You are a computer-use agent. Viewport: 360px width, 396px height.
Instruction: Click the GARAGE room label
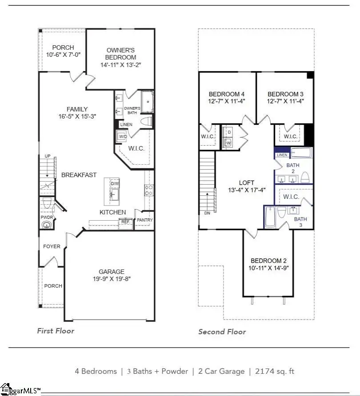coord(112,271)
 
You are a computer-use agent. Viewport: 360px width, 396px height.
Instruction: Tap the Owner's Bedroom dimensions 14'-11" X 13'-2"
coord(121,65)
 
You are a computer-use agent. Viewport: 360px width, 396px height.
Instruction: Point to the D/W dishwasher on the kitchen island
coord(115,183)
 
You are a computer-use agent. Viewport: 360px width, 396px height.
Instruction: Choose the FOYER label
coord(52,246)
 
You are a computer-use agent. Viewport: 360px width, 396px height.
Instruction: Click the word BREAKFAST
coord(79,175)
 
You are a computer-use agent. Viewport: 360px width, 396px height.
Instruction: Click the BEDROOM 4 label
coord(227,94)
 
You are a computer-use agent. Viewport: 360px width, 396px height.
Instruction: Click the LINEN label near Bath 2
coord(282,155)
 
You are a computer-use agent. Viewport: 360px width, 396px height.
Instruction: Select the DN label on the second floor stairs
coord(207,213)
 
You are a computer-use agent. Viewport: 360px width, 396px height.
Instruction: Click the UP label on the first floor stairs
coord(47,156)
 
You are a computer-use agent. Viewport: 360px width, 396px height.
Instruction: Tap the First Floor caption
coord(56,331)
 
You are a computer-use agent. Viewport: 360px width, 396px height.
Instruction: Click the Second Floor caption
coord(222,332)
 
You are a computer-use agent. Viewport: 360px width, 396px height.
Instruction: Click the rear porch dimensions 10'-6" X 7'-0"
coord(63,55)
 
